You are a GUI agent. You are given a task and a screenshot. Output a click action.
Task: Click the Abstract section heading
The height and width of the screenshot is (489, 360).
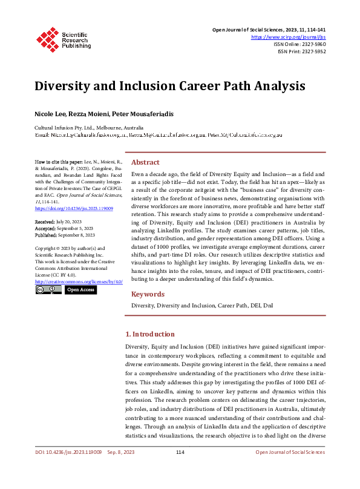tap(145, 162)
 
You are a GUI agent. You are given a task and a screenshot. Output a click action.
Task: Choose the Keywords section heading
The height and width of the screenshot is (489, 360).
tap(148, 294)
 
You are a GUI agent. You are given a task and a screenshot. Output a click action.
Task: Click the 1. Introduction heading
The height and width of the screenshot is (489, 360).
tap(149, 334)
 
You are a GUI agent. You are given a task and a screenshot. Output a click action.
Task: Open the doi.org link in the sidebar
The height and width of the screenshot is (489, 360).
tap(65, 225)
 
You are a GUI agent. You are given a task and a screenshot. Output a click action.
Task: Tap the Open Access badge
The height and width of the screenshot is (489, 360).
tap(80, 290)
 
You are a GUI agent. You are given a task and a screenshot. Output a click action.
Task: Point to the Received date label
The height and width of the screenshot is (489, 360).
tap(45, 240)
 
